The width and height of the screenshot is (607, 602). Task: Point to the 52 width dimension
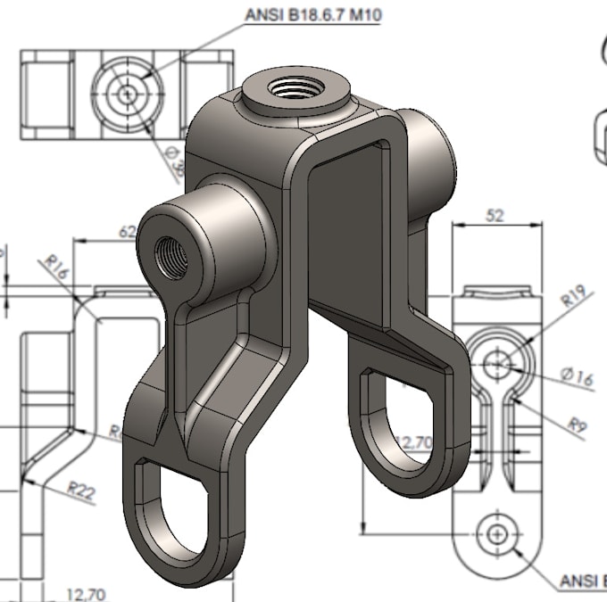tap(495, 215)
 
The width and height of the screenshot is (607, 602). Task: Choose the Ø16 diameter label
tap(578, 378)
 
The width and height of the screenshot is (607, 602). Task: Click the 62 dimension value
tap(127, 232)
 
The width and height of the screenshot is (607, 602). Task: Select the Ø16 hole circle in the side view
tap(498, 362)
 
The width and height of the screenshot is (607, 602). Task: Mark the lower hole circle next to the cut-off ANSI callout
tap(496, 533)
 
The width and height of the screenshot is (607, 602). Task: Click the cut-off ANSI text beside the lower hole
tap(582, 581)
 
